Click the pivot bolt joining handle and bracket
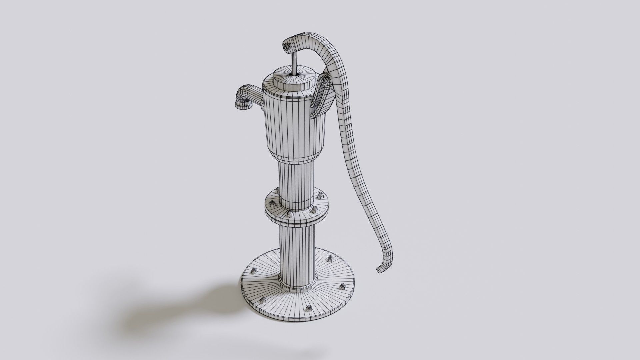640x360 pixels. pyautogui.click(x=324, y=80)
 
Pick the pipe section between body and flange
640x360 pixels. pyautogui.click(x=296, y=182)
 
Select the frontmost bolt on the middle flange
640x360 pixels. pyautogui.click(x=290, y=213)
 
